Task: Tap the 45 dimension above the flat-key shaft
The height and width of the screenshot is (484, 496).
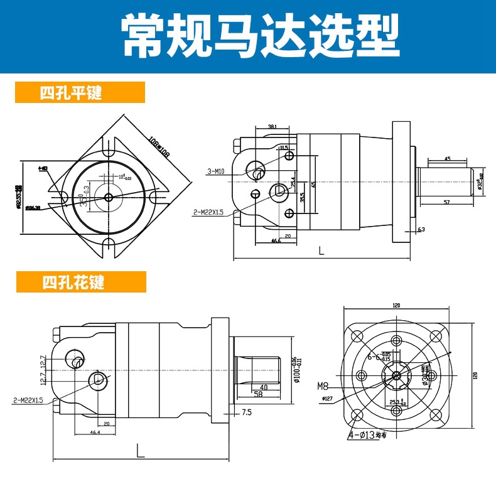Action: point(446,159)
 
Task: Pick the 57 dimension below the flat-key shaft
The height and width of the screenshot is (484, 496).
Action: point(446,202)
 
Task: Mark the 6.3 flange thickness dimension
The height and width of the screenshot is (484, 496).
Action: point(421,230)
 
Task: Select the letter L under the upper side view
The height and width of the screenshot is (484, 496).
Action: point(321,250)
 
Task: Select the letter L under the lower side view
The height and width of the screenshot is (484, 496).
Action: point(140,449)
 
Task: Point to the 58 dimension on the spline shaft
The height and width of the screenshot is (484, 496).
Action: point(257,395)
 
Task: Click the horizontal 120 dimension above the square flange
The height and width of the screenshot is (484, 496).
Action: point(396,305)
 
